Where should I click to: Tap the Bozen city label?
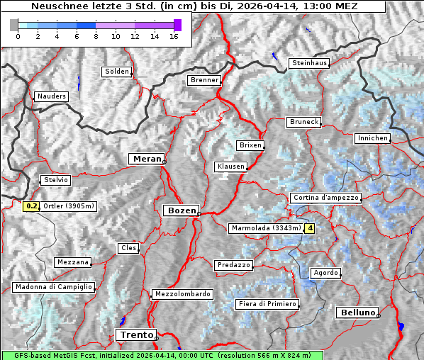point(182,210)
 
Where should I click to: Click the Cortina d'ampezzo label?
point(325,198)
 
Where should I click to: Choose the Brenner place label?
point(205,80)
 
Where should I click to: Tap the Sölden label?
point(117,72)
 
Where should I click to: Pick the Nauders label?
point(50,96)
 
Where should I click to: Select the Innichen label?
point(372,138)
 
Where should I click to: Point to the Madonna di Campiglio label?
point(53,287)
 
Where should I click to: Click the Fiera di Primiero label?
point(267,304)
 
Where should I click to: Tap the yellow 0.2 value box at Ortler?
point(31,206)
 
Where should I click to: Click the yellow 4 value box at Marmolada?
point(309,228)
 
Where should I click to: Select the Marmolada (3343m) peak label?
point(266,228)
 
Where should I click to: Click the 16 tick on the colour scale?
point(174,37)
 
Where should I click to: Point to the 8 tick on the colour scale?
point(96,37)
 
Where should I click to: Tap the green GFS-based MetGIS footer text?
point(162,355)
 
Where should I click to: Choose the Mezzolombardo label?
point(182,294)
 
